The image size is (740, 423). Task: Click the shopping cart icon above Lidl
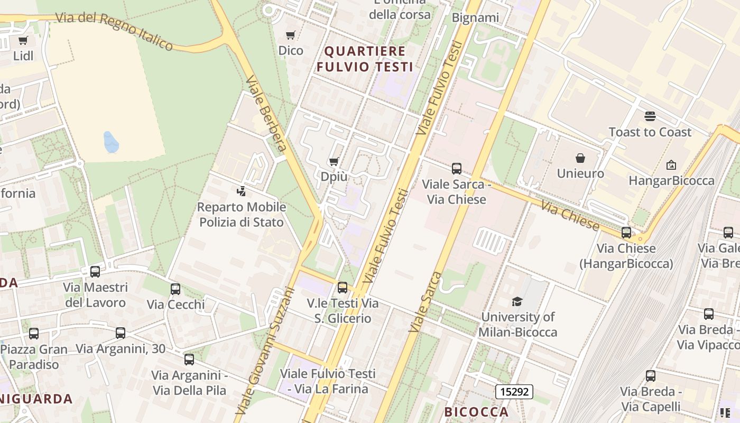[23, 40]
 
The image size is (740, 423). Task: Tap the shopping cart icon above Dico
[290, 35]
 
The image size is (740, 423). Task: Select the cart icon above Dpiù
[334, 161]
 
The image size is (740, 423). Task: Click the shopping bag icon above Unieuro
[580, 158]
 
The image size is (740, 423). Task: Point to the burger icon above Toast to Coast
[650, 116]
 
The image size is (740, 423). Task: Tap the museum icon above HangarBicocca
[671, 165]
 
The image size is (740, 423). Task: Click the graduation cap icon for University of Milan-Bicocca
[517, 301]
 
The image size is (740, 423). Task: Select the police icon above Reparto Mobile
[242, 191]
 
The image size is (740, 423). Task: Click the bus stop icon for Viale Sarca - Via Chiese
[457, 169]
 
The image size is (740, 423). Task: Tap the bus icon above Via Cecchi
[175, 289]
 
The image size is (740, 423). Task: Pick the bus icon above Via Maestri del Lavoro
[95, 272]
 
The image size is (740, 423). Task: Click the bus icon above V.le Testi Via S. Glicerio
[343, 288]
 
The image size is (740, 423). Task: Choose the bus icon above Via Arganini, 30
[121, 333]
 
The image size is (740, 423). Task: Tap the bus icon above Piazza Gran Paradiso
[34, 334]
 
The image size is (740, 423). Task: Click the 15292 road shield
[514, 392]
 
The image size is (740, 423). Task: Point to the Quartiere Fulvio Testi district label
[368, 59]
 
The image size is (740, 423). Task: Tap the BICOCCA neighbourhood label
[476, 412]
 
